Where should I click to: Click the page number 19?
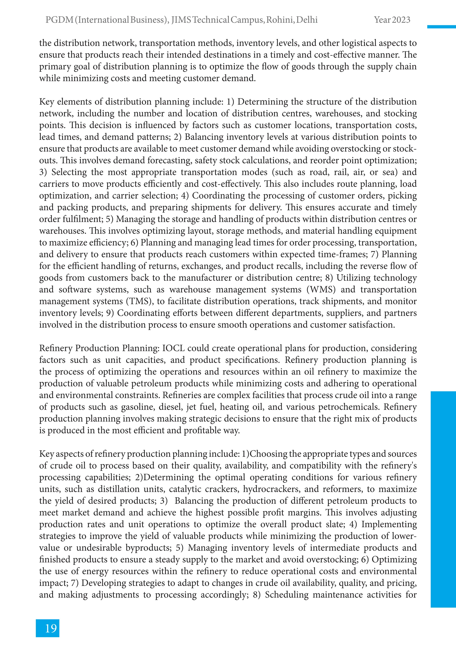[x=51, y=628]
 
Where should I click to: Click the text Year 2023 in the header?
[x=392, y=20]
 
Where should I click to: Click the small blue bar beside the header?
[x=441, y=27]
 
